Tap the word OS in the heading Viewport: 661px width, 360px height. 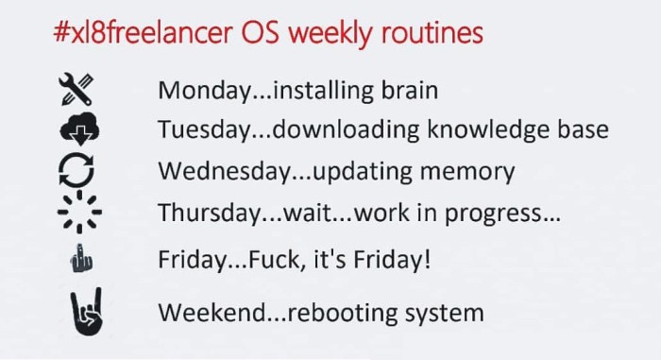click(260, 32)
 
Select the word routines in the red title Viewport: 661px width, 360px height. click(432, 32)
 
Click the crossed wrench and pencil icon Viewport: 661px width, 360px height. click(76, 89)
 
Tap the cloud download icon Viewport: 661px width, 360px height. click(79, 129)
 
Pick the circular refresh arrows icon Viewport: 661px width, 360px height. click(76, 170)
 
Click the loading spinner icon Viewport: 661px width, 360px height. click(79, 212)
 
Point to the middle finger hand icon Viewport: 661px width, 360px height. click(81, 258)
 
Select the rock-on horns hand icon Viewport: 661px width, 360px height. click(87, 312)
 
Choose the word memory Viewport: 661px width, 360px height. click(467, 172)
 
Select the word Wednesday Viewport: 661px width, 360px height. click(225, 171)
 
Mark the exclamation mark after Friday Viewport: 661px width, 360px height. click(428, 259)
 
